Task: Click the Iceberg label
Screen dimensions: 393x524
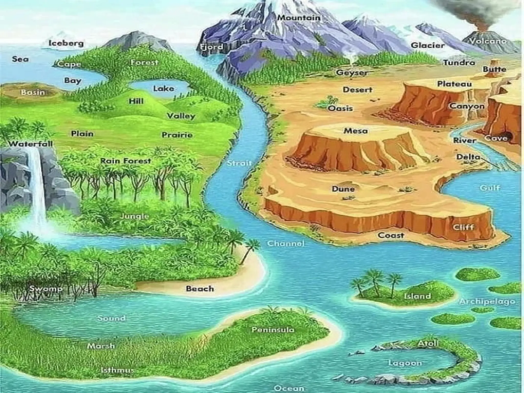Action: tap(66, 43)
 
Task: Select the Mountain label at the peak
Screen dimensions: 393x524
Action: tap(299, 18)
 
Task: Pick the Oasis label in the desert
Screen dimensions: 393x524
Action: tap(340, 108)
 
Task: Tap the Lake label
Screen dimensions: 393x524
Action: tap(164, 89)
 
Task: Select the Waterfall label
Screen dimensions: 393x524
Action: tap(30, 144)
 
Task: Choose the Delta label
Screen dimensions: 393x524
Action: tap(468, 157)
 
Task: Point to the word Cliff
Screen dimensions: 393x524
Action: tap(464, 227)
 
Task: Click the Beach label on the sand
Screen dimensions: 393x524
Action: tap(200, 289)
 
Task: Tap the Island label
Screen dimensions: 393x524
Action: tap(417, 296)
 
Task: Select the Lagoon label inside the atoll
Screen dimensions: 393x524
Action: tap(405, 363)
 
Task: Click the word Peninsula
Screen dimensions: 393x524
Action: tap(273, 330)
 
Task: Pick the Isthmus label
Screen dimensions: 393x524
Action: tap(117, 370)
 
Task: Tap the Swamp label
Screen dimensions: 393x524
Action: tap(46, 289)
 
